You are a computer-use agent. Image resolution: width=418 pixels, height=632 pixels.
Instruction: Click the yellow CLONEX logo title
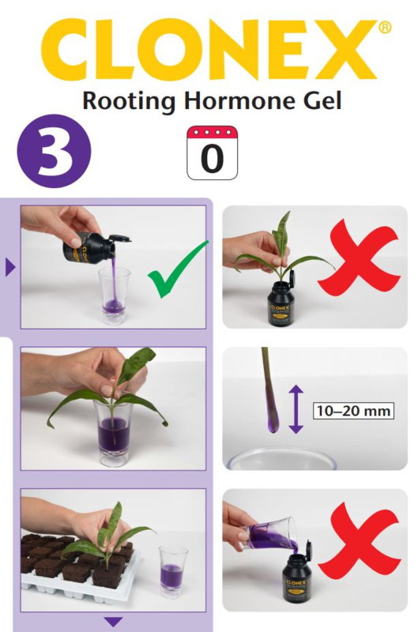(209, 50)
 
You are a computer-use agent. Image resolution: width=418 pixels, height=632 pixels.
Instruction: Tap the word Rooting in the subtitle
(129, 102)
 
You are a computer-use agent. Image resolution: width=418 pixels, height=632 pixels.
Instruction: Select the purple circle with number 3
(54, 152)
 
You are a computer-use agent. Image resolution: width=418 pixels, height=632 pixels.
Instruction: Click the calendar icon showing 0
(212, 152)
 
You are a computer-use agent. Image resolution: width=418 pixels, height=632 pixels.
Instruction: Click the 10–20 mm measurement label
(353, 411)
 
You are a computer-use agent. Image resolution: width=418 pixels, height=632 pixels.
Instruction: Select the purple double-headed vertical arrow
(296, 409)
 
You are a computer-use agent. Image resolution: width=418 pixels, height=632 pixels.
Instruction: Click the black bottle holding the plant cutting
(286, 303)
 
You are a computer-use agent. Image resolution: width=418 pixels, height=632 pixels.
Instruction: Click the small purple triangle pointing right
(10, 267)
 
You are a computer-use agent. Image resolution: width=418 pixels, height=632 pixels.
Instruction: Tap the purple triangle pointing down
(113, 622)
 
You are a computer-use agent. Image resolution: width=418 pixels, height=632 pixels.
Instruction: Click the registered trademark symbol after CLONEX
(384, 27)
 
